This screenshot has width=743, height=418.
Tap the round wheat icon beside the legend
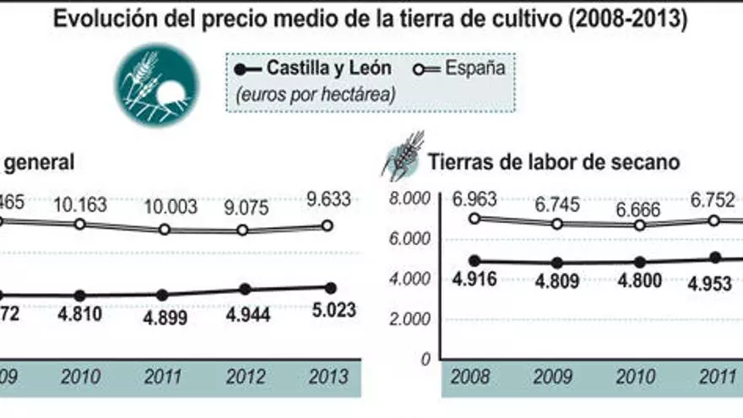(157, 85)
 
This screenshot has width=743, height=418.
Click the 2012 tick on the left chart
(245, 377)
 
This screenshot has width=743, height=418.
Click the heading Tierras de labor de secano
(553, 163)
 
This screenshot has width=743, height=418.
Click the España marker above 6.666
(640, 225)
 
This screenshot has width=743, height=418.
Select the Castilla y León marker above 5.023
(329, 287)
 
